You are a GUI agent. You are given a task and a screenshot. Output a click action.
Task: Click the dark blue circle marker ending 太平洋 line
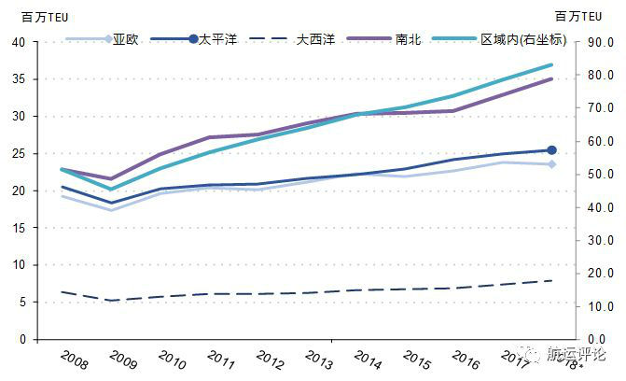pos(551,149)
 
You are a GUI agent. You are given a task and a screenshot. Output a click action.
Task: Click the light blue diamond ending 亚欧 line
pos(551,164)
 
